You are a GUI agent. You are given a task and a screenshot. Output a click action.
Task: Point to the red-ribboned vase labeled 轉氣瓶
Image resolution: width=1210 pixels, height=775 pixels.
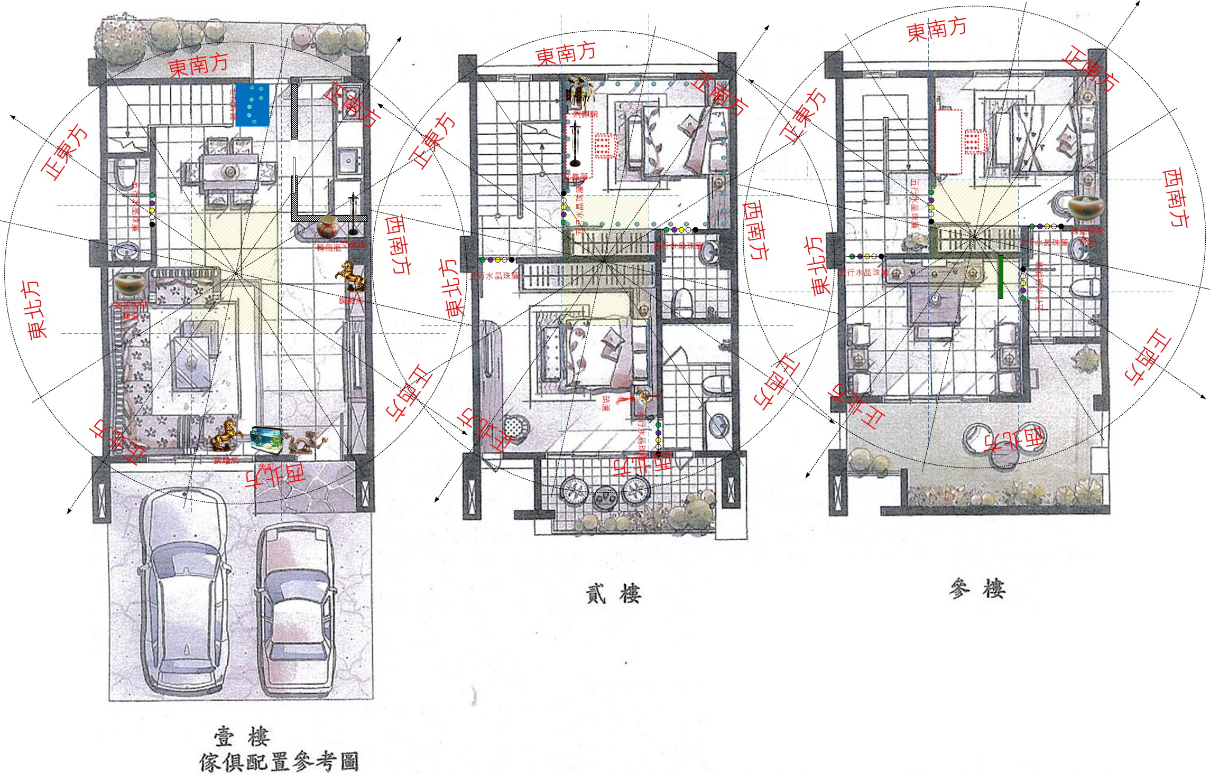pyautogui.click(x=327, y=229)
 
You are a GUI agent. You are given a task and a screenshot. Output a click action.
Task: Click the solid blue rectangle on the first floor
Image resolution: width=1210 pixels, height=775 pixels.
pyautogui.click(x=252, y=105)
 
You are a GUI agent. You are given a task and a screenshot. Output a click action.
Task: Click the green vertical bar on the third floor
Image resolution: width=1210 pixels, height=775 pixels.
pyautogui.click(x=1001, y=277)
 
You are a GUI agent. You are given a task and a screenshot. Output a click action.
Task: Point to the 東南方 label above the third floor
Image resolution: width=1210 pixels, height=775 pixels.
pyautogui.click(x=936, y=29)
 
